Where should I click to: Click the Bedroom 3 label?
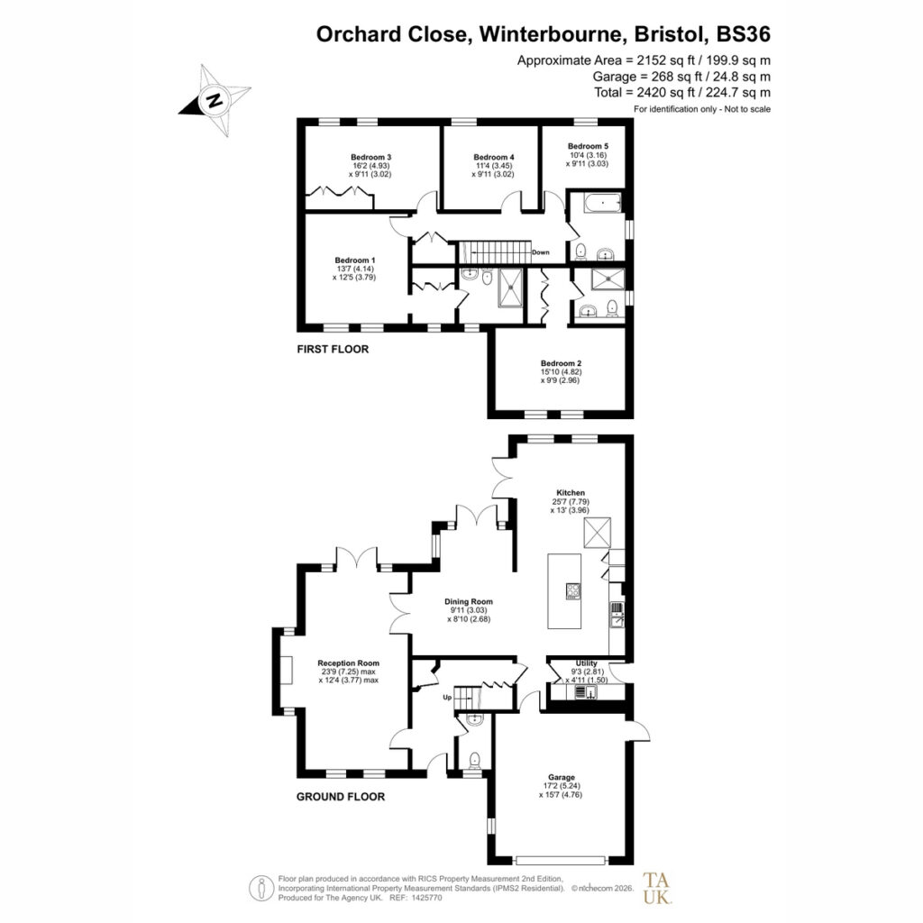tap(370, 157)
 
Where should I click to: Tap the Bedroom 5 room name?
tap(588, 146)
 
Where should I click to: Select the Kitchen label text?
tap(571, 493)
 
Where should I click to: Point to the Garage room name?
tap(561, 777)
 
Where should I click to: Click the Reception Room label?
tap(349, 663)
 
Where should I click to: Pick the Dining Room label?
tap(469, 601)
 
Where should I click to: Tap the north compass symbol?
tap(215, 100)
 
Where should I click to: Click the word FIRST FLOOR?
tap(333, 349)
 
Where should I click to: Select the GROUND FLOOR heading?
tap(340, 797)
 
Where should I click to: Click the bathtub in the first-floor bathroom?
tap(602, 204)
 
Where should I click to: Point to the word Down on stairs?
tap(541, 252)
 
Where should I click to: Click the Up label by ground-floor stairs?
tap(447, 698)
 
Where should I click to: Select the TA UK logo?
tap(657, 888)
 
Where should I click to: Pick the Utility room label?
tap(586, 663)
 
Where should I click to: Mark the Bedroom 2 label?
tap(561, 363)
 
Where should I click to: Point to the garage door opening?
tap(560, 860)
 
